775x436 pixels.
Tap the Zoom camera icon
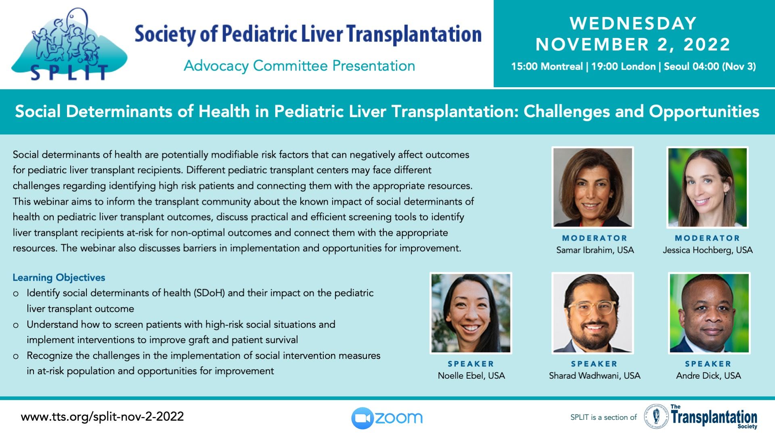[x=362, y=418]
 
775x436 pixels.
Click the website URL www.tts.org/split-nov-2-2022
[x=102, y=417]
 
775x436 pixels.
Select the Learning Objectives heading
[x=59, y=278]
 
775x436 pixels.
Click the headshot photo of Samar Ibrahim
[x=593, y=187]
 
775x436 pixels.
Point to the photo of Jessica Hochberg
[x=707, y=187]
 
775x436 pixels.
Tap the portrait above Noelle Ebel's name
[x=471, y=313]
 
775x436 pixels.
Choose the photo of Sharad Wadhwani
[x=593, y=313]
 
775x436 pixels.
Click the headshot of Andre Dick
[x=709, y=313]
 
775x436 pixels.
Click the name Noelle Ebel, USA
[x=471, y=376]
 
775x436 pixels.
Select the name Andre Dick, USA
[x=708, y=376]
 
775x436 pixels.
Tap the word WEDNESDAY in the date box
[x=633, y=23]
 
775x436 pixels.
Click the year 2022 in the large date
[x=707, y=44]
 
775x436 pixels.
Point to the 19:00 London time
[x=623, y=67]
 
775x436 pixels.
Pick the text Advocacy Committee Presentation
[x=300, y=66]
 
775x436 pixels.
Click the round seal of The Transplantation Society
[x=656, y=416]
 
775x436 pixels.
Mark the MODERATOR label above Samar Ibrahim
[x=595, y=238]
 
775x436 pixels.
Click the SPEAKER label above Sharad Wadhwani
[x=594, y=364]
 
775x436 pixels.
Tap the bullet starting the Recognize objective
[x=16, y=356]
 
